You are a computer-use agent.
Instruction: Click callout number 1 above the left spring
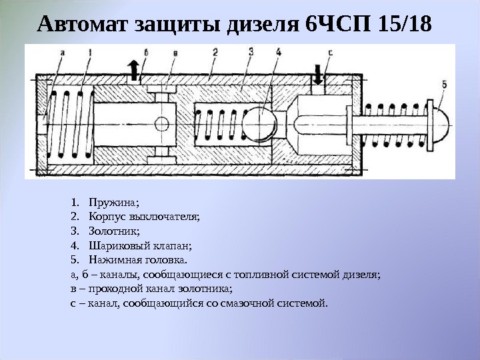pos(89,51)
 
